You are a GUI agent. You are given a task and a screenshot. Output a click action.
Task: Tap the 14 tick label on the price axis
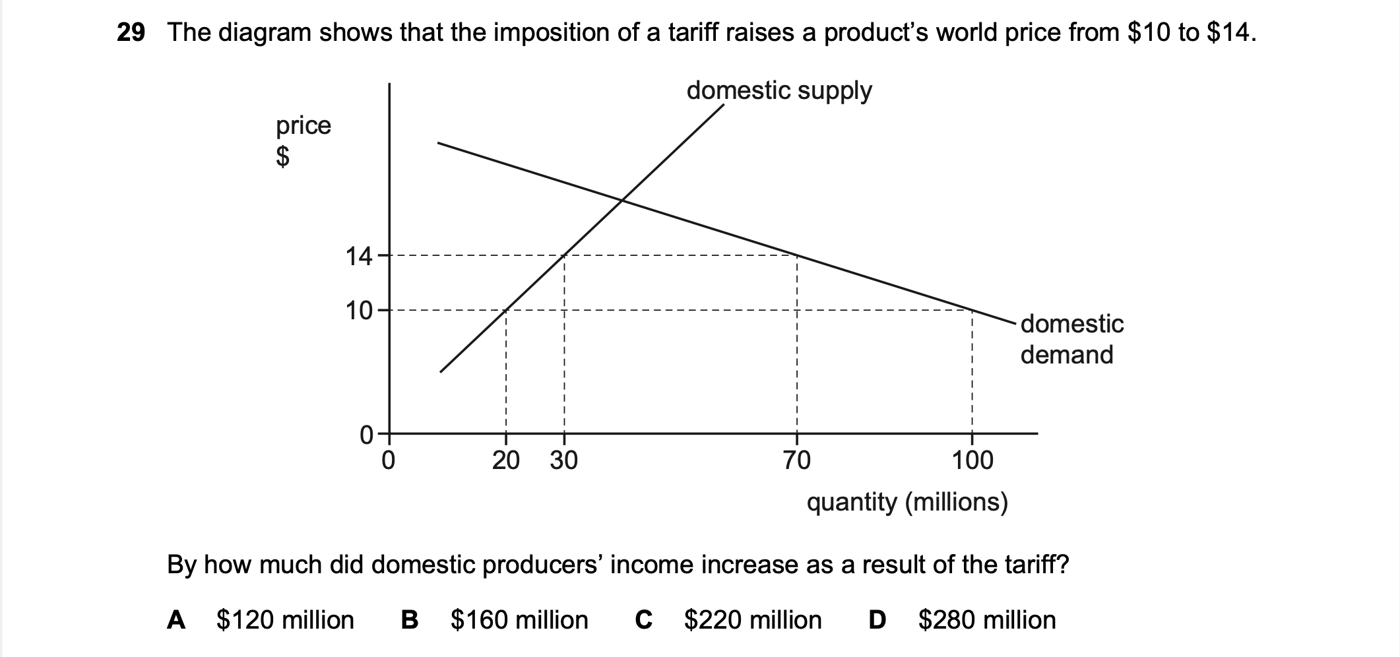coord(359,256)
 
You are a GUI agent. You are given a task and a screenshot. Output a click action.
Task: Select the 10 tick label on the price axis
coord(359,310)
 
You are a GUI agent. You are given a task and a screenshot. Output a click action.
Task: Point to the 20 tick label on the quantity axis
coord(506,460)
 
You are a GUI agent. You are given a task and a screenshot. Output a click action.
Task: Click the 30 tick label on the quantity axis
coord(564,460)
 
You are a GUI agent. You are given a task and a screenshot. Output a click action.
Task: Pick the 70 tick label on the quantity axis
coord(797,460)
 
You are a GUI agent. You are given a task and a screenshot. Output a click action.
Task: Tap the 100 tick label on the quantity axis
coord(972,460)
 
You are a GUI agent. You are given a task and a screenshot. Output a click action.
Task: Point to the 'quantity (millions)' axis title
coord(907,503)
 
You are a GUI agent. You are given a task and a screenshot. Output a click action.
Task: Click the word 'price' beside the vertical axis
coord(303,125)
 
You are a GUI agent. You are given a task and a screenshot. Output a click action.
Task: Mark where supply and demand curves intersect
coord(621,201)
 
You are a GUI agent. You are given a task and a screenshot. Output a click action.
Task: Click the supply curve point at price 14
coord(565,255)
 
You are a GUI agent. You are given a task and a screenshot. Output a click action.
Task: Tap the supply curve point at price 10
coord(506,310)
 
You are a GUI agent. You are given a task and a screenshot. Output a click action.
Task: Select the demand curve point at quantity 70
coord(797,255)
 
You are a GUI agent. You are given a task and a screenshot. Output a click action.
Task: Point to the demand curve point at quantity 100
coord(972,310)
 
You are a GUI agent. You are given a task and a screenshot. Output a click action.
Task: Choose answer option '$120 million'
coord(285,620)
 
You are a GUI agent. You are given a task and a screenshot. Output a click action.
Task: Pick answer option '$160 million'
coord(519,620)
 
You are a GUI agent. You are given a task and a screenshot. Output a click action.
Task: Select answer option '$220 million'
coord(753,620)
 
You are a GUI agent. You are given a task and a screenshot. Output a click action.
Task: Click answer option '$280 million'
coord(987,620)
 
